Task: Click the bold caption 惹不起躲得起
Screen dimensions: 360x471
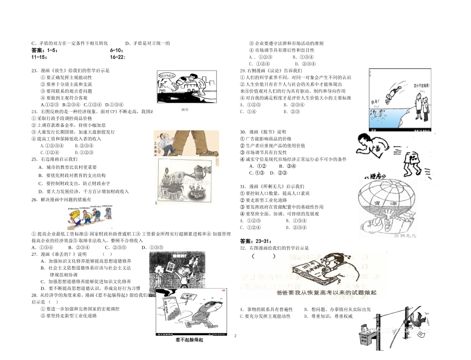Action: (189, 340)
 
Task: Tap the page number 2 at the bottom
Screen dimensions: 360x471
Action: (235, 336)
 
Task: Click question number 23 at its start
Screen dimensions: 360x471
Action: (34, 70)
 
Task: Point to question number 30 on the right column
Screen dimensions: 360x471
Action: (243, 132)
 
